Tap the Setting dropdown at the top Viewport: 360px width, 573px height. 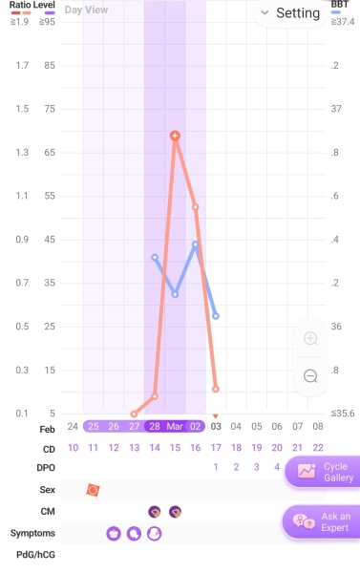(290, 13)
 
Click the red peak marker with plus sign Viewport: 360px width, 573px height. (175, 136)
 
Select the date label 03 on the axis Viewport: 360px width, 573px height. (216, 426)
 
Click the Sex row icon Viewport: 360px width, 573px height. (93, 490)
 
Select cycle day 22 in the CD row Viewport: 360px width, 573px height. (317, 447)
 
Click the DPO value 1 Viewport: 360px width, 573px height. (216, 467)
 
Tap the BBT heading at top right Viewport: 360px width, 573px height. (340, 5)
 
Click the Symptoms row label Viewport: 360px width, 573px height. (32, 533)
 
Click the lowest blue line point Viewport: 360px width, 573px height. (216, 315)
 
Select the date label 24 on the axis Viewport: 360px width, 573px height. (73, 426)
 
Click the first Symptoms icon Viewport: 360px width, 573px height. (114, 534)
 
